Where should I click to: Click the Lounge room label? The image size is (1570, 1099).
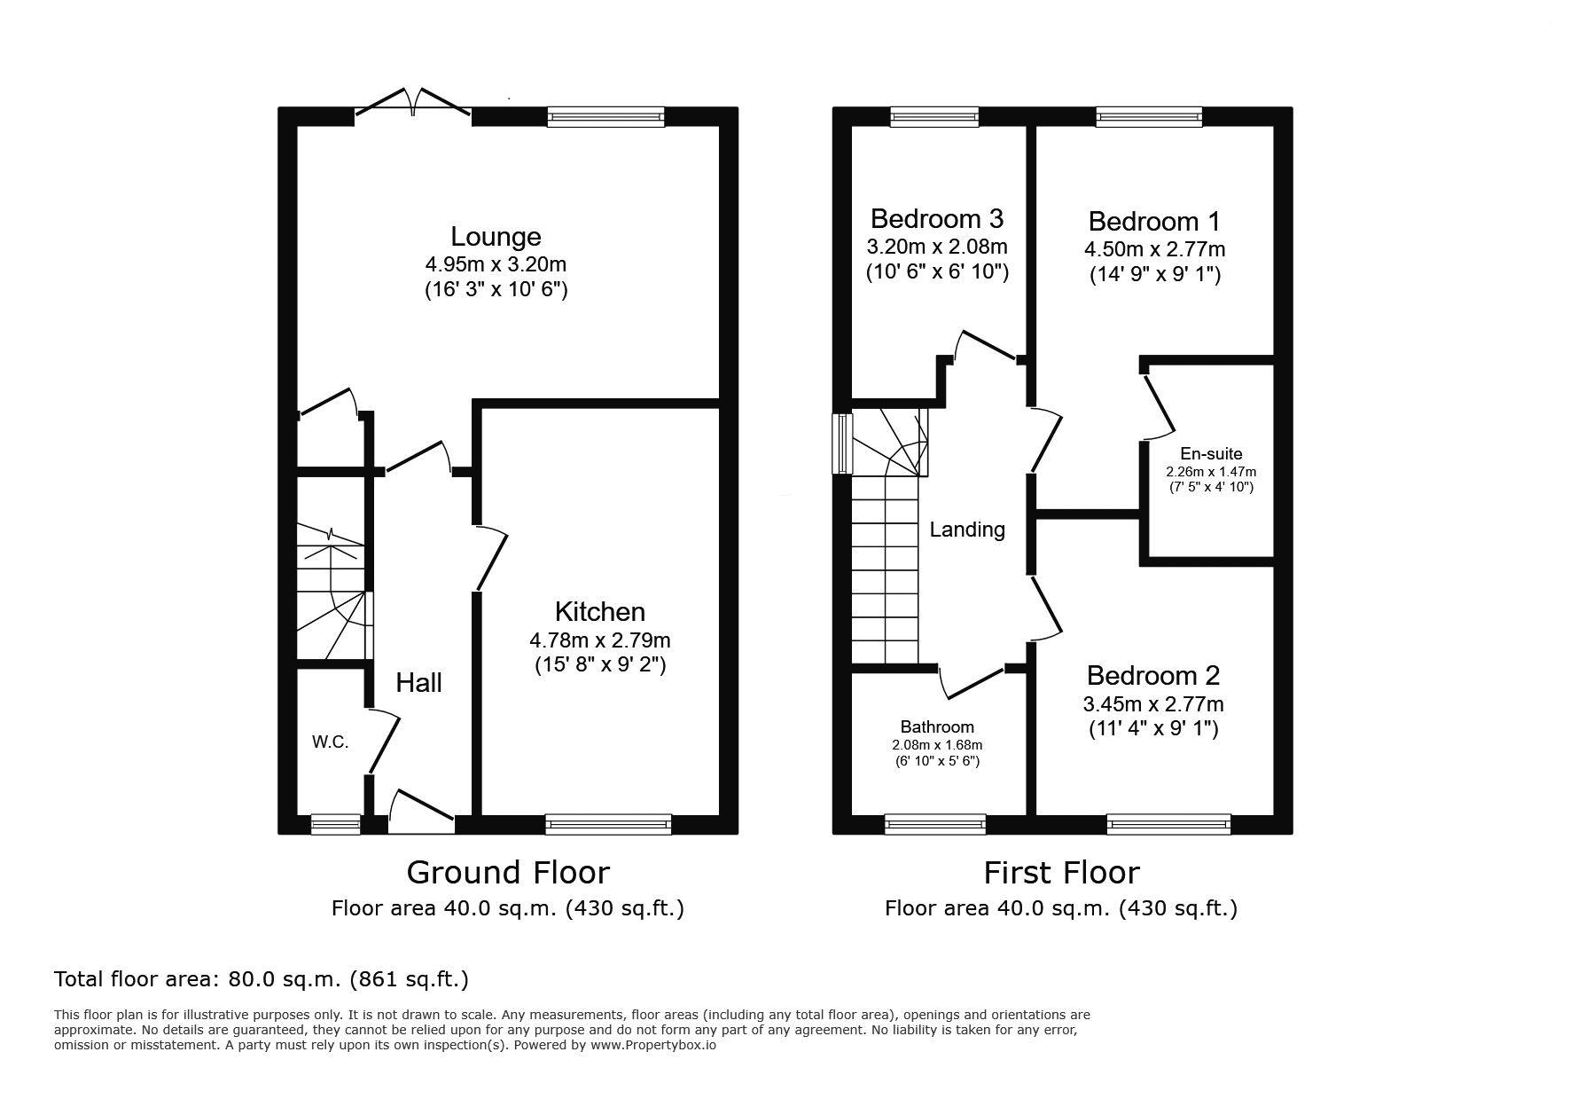496,237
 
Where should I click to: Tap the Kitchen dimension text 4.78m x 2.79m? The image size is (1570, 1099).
600,640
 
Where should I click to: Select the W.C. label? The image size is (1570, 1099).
330,742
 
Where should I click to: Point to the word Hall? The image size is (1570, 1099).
418,682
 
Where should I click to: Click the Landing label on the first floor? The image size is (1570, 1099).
967,530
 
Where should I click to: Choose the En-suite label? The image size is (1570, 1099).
1211,453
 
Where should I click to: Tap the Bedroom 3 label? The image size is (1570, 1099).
937,218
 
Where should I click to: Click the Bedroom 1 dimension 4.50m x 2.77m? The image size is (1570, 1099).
1155,249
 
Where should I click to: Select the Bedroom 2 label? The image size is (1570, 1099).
1153,676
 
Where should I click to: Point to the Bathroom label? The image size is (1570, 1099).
937,727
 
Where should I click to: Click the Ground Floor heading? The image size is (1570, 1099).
508,873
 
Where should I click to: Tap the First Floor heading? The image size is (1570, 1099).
1061,873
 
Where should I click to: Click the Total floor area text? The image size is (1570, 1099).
262,979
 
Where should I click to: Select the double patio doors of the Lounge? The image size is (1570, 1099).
413,101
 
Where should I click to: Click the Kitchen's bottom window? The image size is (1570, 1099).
608,825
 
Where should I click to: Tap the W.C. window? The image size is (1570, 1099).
336,825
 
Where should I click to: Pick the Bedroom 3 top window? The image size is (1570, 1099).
934,116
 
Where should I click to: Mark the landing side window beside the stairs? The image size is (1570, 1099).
841,444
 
